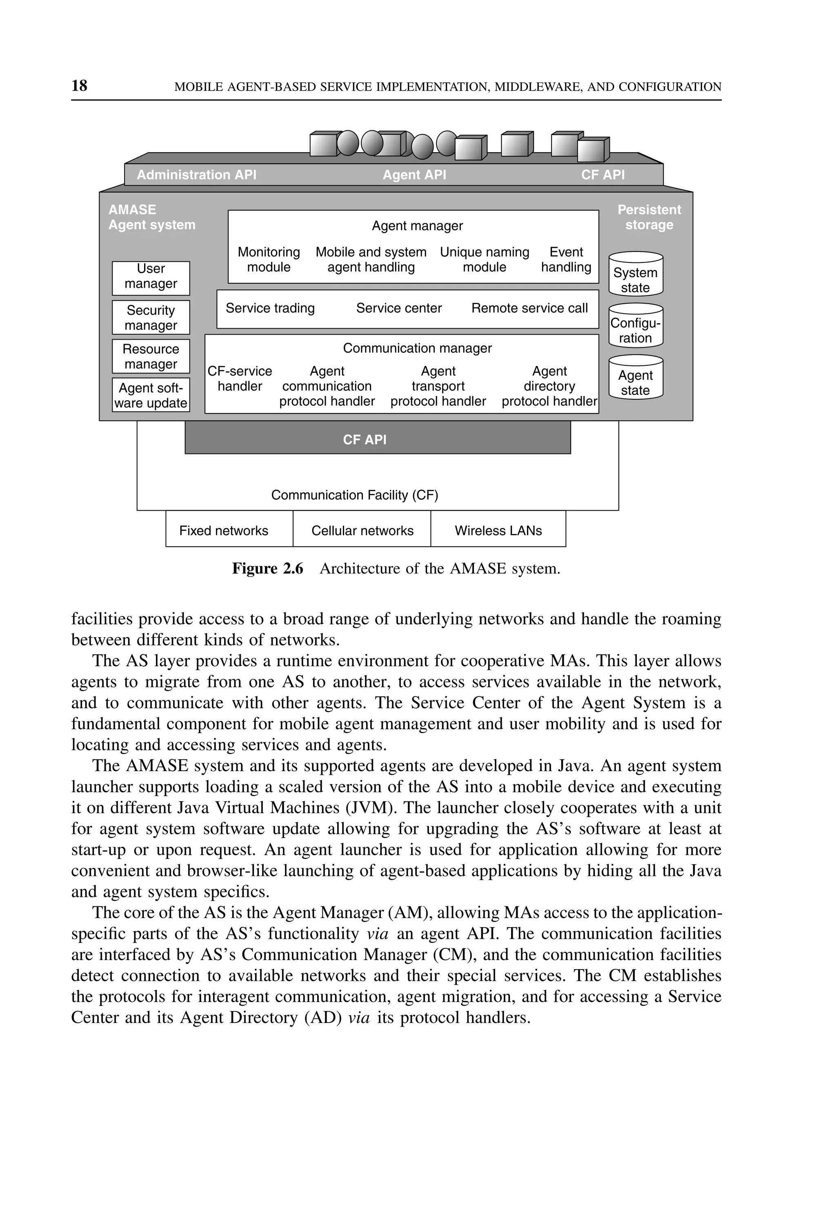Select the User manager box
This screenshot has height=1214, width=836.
click(151, 278)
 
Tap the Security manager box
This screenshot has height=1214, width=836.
click(151, 317)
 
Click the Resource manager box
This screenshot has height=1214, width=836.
click(151, 356)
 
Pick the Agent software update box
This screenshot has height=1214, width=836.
click(151, 396)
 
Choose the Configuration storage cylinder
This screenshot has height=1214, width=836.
click(636, 326)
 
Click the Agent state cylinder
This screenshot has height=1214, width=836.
click(636, 378)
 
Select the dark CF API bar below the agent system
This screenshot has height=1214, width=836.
click(377, 439)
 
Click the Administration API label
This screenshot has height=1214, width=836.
click(196, 175)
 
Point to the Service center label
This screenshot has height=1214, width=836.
click(399, 308)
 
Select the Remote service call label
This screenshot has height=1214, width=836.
click(529, 308)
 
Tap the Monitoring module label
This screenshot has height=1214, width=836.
click(269, 260)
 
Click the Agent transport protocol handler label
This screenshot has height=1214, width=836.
click(438, 386)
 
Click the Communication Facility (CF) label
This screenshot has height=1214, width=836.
click(355, 495)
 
